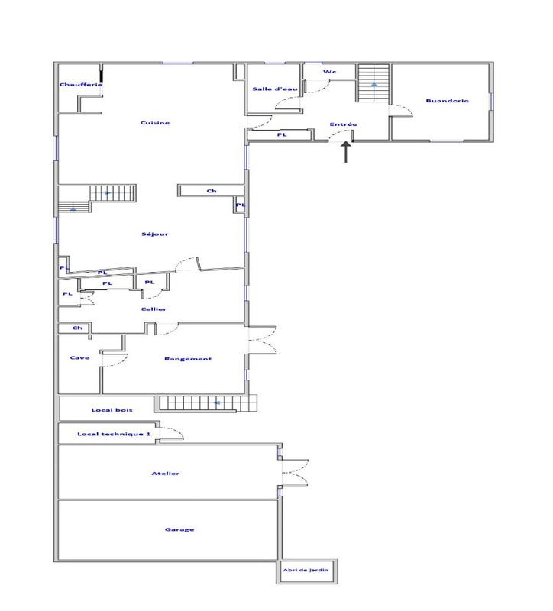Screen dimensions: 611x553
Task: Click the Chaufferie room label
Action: (80, 85)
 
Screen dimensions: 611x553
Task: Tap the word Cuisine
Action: (154, 123)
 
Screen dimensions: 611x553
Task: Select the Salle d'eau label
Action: (274, 89)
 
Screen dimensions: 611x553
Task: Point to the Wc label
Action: (329, 72)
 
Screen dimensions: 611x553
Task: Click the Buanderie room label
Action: (447, 101)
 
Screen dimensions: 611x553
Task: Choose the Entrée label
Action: (343, 124)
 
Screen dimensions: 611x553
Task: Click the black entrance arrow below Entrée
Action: (345, 151)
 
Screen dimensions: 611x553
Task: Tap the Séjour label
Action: (154, 234)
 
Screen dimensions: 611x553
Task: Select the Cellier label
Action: (154, 309)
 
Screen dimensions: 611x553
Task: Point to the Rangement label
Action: (188, 358)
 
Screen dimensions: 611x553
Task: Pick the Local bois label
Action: (106, 410)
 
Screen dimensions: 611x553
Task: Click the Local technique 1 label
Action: (115, 434)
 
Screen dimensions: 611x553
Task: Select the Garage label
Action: (179, 529)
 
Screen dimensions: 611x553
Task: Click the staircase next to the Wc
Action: (374, 82)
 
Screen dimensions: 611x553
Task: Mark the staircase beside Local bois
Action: (208, 402)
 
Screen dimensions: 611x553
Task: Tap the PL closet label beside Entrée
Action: (281, 134)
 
